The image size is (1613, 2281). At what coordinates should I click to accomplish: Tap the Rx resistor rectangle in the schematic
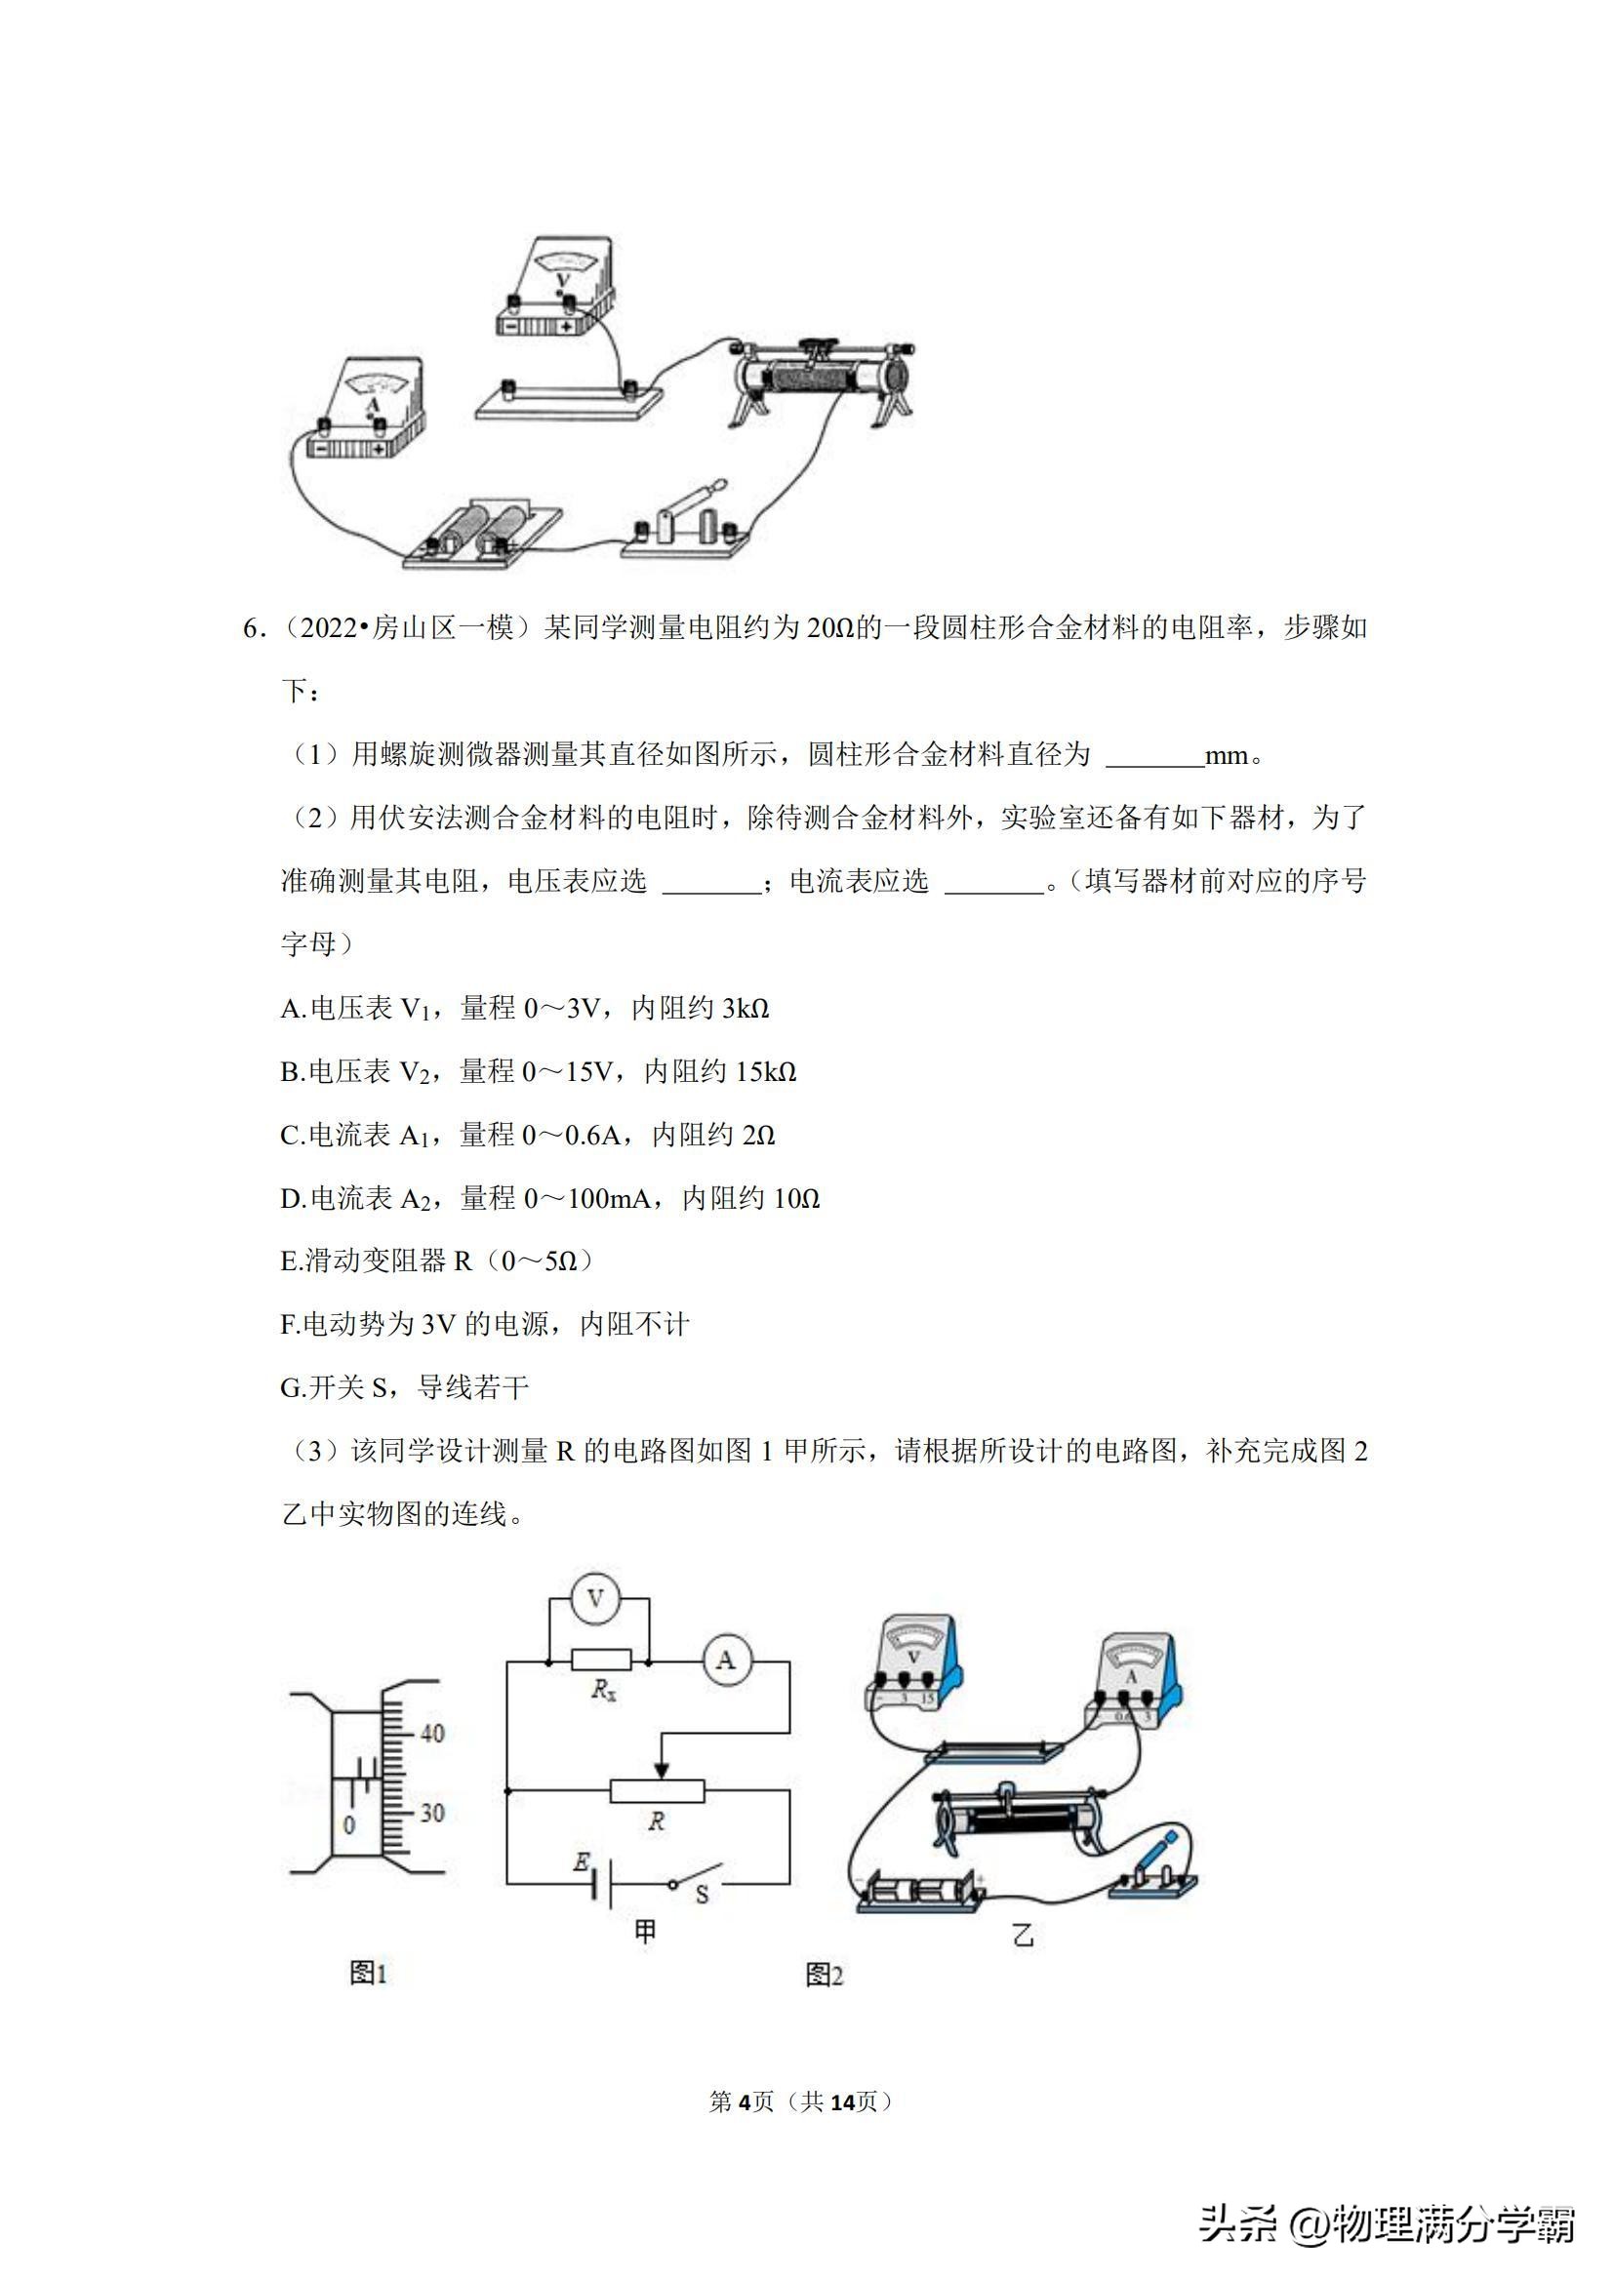(x=601, y=1661)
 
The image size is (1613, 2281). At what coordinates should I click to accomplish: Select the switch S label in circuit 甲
(x=702, y=1895)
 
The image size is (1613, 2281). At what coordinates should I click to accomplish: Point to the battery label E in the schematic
(x=582, y=1861)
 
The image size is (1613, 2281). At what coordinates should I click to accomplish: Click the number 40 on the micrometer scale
(x=431, y=1734)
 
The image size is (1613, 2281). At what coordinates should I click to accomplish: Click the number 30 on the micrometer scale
(x=431, y=1813)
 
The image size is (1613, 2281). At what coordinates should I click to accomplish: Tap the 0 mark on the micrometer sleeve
(x=348, y=1825)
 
